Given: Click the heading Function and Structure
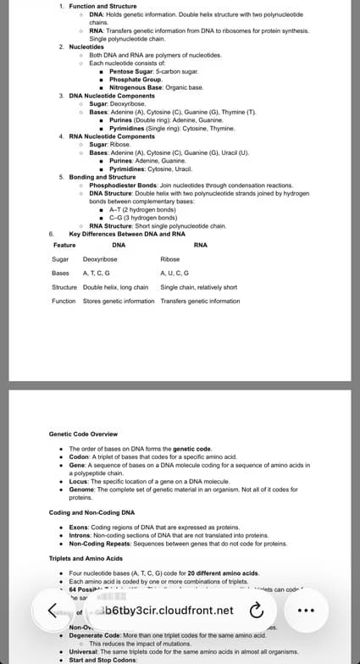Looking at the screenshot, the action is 102,7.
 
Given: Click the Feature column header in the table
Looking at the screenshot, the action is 64,245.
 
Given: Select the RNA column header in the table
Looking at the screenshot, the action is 201,245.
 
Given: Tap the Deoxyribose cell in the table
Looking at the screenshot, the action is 100,259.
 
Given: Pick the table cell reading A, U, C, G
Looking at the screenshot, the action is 174,274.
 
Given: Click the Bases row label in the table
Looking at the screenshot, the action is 60,274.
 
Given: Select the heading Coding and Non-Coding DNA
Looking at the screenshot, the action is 91,512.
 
